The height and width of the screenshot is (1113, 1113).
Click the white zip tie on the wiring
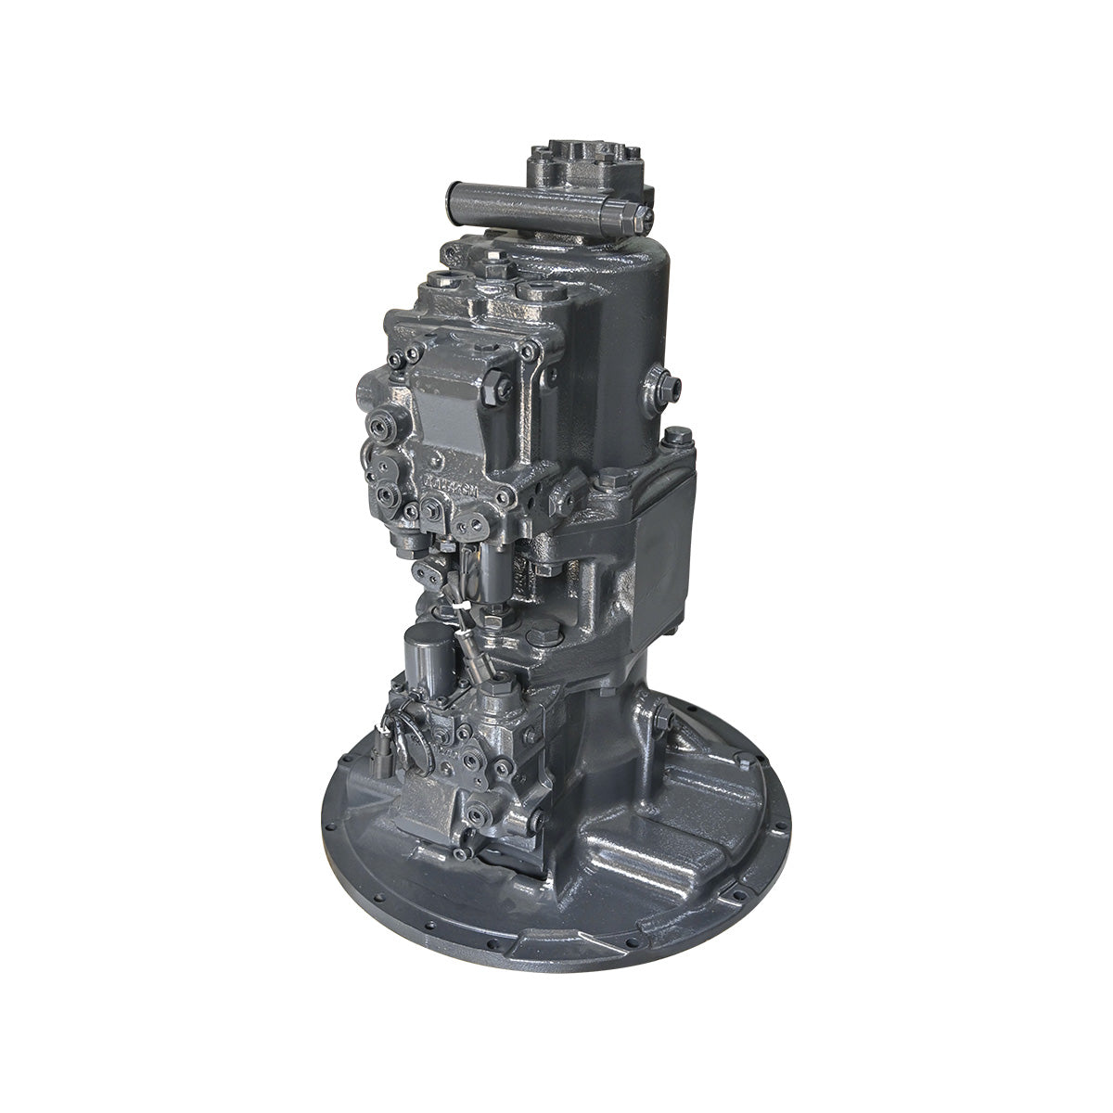[x=460, y=608]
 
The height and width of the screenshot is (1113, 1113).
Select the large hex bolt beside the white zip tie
[x=544, y=635]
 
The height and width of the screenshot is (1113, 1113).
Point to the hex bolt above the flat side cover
[x=676, y=435]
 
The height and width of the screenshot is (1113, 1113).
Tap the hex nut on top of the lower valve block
[x=502, y=687]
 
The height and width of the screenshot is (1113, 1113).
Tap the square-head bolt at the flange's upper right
[x=743, y=761]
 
